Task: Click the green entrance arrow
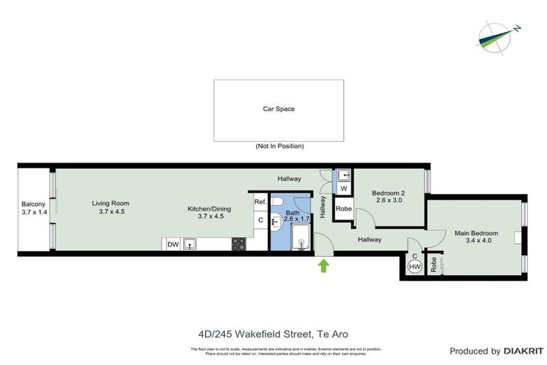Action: click(x=323, y=266)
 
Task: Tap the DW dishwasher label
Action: click(x=172, y=245)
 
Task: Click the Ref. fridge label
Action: click(x=260, y=202)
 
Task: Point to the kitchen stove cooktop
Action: click(x=239, y=244)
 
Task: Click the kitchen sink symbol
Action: click(x=190, y=245)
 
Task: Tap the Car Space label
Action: click(x=279, y=109)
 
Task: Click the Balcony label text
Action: click(x=33, y=208)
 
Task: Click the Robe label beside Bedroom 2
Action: click(x=343, y=209)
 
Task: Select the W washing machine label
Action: click(x=343, y=188)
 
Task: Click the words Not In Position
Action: click(x=279, y=146)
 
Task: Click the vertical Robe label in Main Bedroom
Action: click(x=432, y=265)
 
